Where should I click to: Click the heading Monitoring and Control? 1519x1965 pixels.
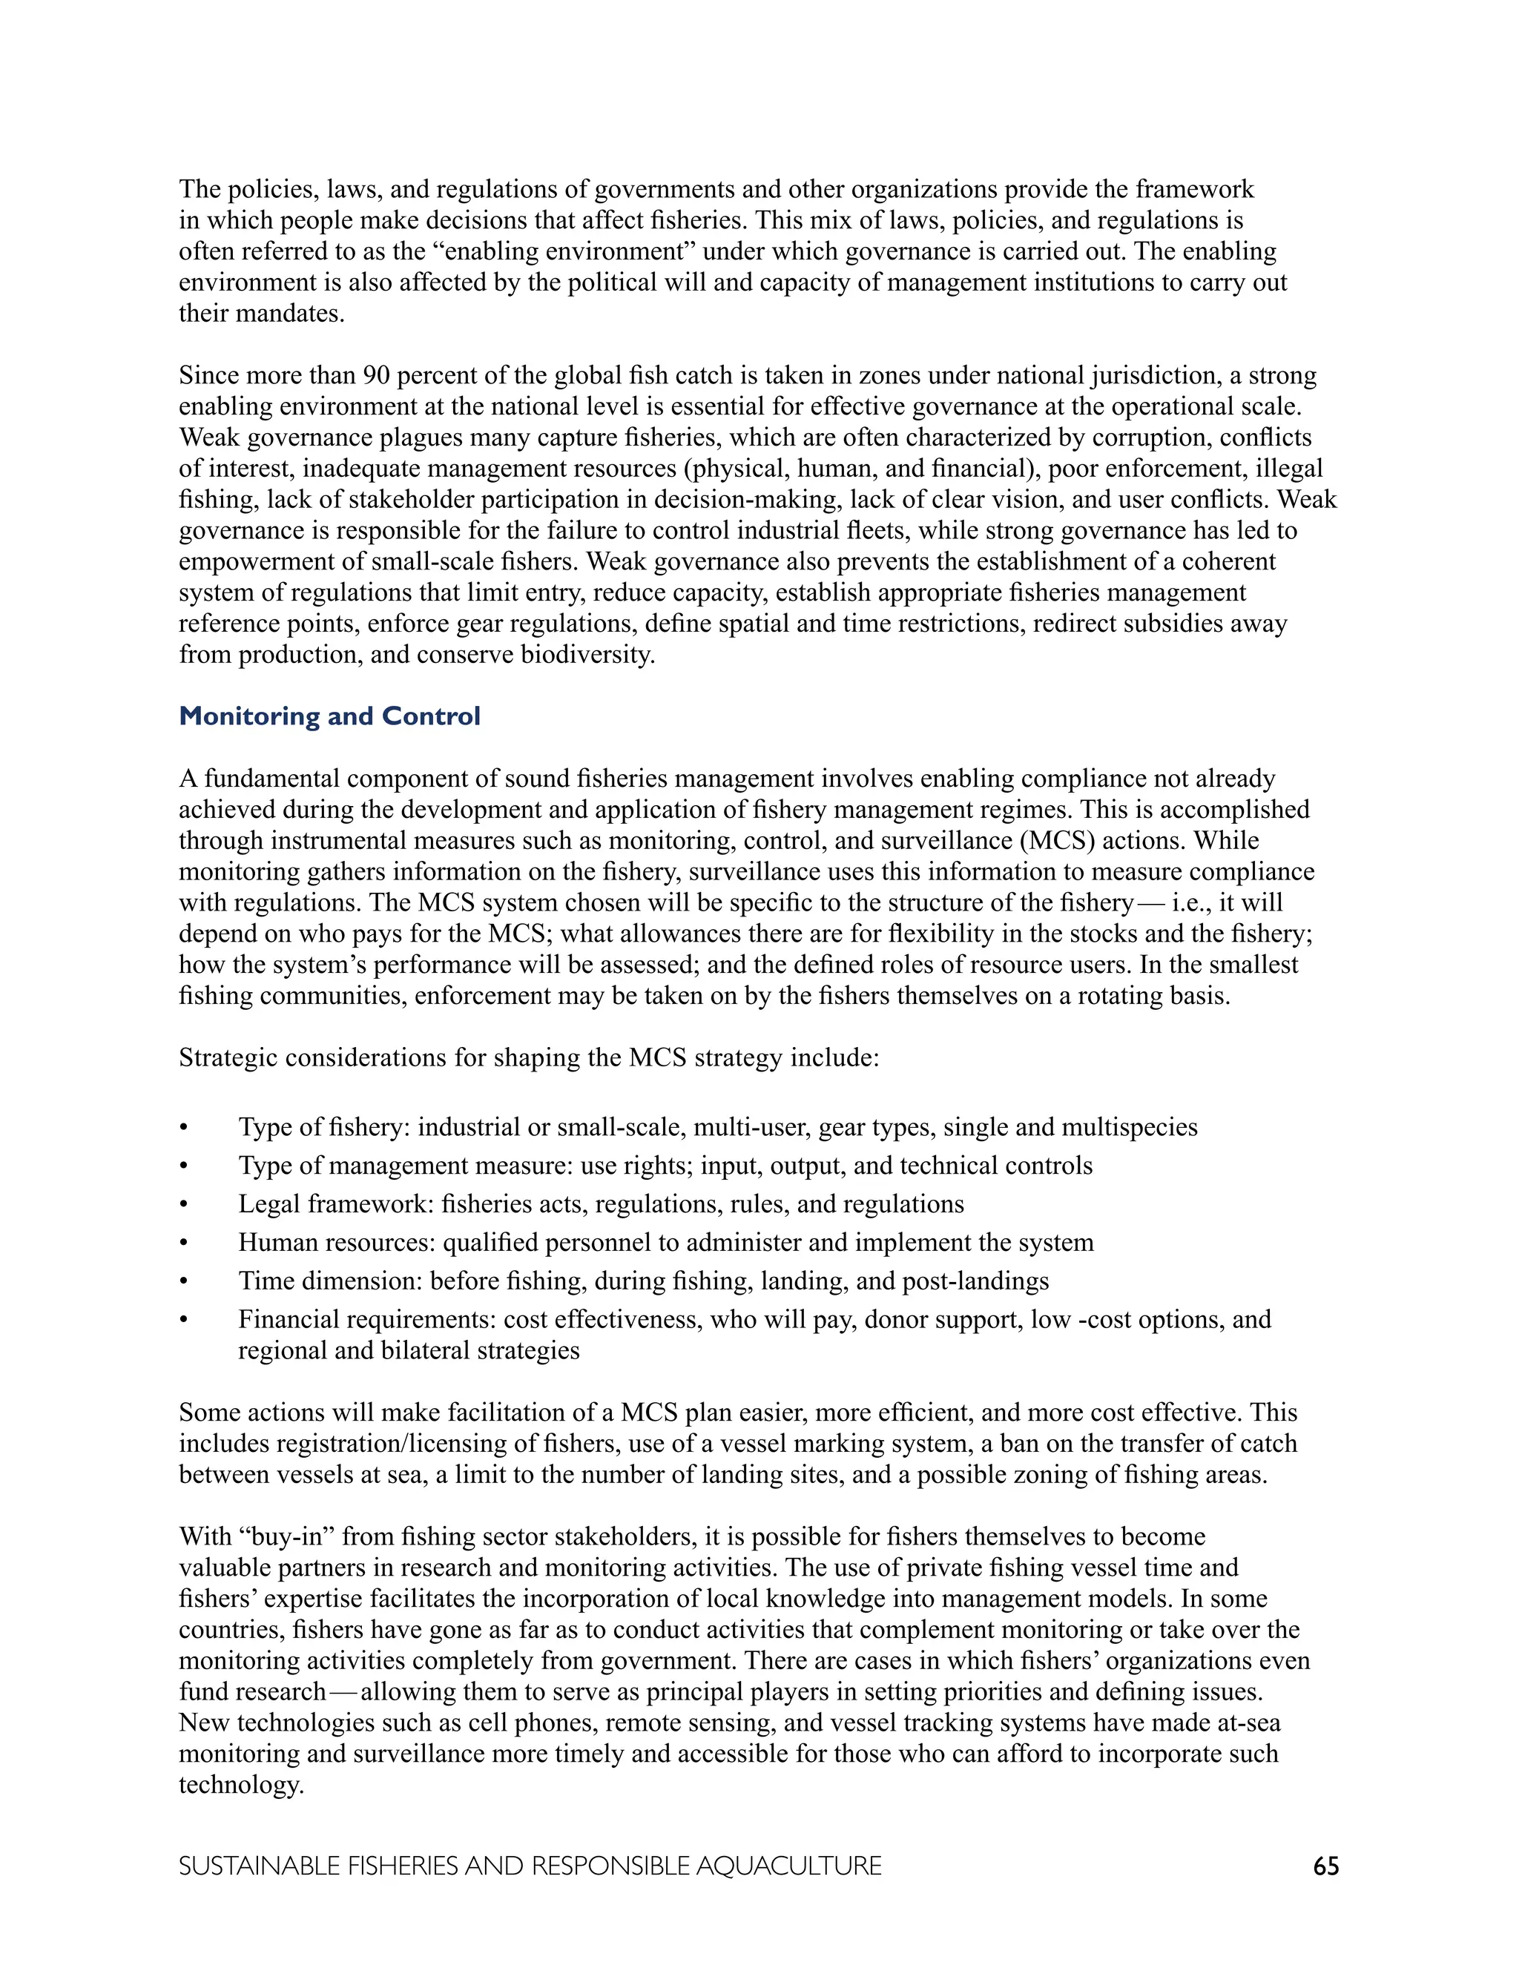tap(329, 716)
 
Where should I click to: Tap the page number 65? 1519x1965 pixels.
tap(1325, 1866)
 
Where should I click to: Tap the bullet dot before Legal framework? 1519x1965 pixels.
tap(185, 1205)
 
